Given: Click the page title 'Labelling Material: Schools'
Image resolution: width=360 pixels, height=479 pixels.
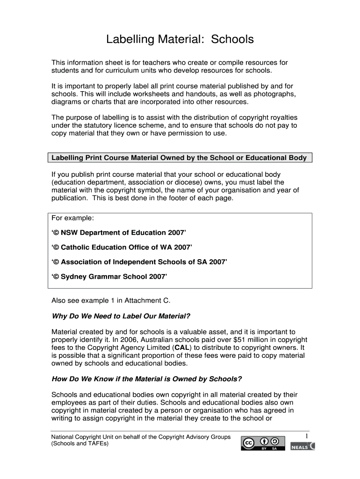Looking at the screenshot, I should tap(180, 39).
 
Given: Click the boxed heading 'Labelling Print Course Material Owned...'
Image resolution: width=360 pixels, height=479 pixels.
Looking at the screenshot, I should tap(179, 158).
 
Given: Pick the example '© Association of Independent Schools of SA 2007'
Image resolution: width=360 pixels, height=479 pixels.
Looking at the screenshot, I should tap(139, 262).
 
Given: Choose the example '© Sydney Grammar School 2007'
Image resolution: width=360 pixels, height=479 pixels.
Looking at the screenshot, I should tap(109, 276).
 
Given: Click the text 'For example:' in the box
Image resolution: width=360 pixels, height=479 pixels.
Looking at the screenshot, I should tap(72, 218).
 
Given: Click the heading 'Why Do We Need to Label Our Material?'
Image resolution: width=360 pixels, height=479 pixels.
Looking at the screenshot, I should tap(121, 316).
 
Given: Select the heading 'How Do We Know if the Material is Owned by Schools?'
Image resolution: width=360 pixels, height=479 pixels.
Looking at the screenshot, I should tap(146, 379).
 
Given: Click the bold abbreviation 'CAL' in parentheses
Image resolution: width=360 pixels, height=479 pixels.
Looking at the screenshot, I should tap(182, 348).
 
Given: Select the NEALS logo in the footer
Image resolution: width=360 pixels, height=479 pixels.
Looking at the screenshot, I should tap(302, 447).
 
